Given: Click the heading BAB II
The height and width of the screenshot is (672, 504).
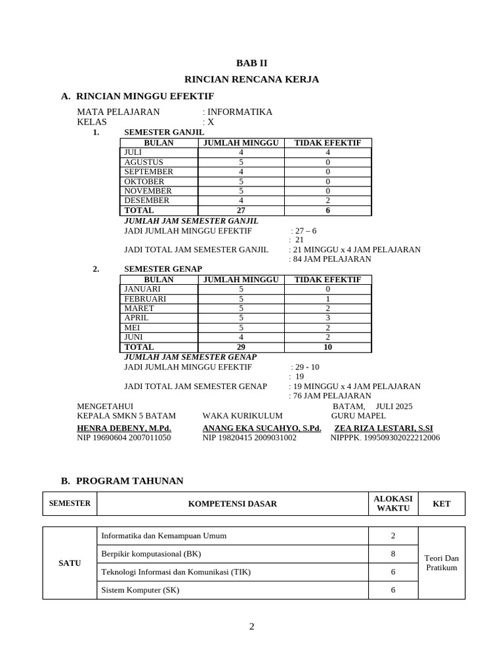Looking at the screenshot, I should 252,63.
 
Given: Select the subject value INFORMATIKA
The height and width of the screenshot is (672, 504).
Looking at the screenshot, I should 240,112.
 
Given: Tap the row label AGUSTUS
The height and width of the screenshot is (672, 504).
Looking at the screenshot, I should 144,162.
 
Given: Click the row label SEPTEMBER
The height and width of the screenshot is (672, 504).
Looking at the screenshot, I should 149,171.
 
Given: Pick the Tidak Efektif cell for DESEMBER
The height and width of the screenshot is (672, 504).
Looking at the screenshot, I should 327,201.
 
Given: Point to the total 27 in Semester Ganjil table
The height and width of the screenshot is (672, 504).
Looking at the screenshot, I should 241,211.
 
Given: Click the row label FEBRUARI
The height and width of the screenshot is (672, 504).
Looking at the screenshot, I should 145,299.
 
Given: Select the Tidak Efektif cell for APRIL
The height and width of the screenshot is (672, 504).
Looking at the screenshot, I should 327,318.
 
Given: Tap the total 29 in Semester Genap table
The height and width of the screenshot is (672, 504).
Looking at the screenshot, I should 241,347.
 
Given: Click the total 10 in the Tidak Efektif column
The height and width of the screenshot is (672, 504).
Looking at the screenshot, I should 327,347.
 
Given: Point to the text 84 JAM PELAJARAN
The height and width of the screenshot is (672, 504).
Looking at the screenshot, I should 332,259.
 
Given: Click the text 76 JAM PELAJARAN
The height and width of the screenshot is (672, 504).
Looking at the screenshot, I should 332,396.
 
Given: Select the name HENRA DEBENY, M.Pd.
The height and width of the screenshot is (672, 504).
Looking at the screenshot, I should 124,428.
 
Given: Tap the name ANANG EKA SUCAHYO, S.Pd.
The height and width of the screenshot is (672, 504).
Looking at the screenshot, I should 262,428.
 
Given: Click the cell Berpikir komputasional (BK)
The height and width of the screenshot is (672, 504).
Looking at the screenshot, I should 151,554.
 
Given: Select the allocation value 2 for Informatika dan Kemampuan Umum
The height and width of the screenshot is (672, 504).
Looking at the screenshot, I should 392,535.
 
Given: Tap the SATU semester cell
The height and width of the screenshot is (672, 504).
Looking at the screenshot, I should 70,563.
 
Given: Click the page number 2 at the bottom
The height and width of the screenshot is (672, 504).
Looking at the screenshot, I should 251,626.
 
